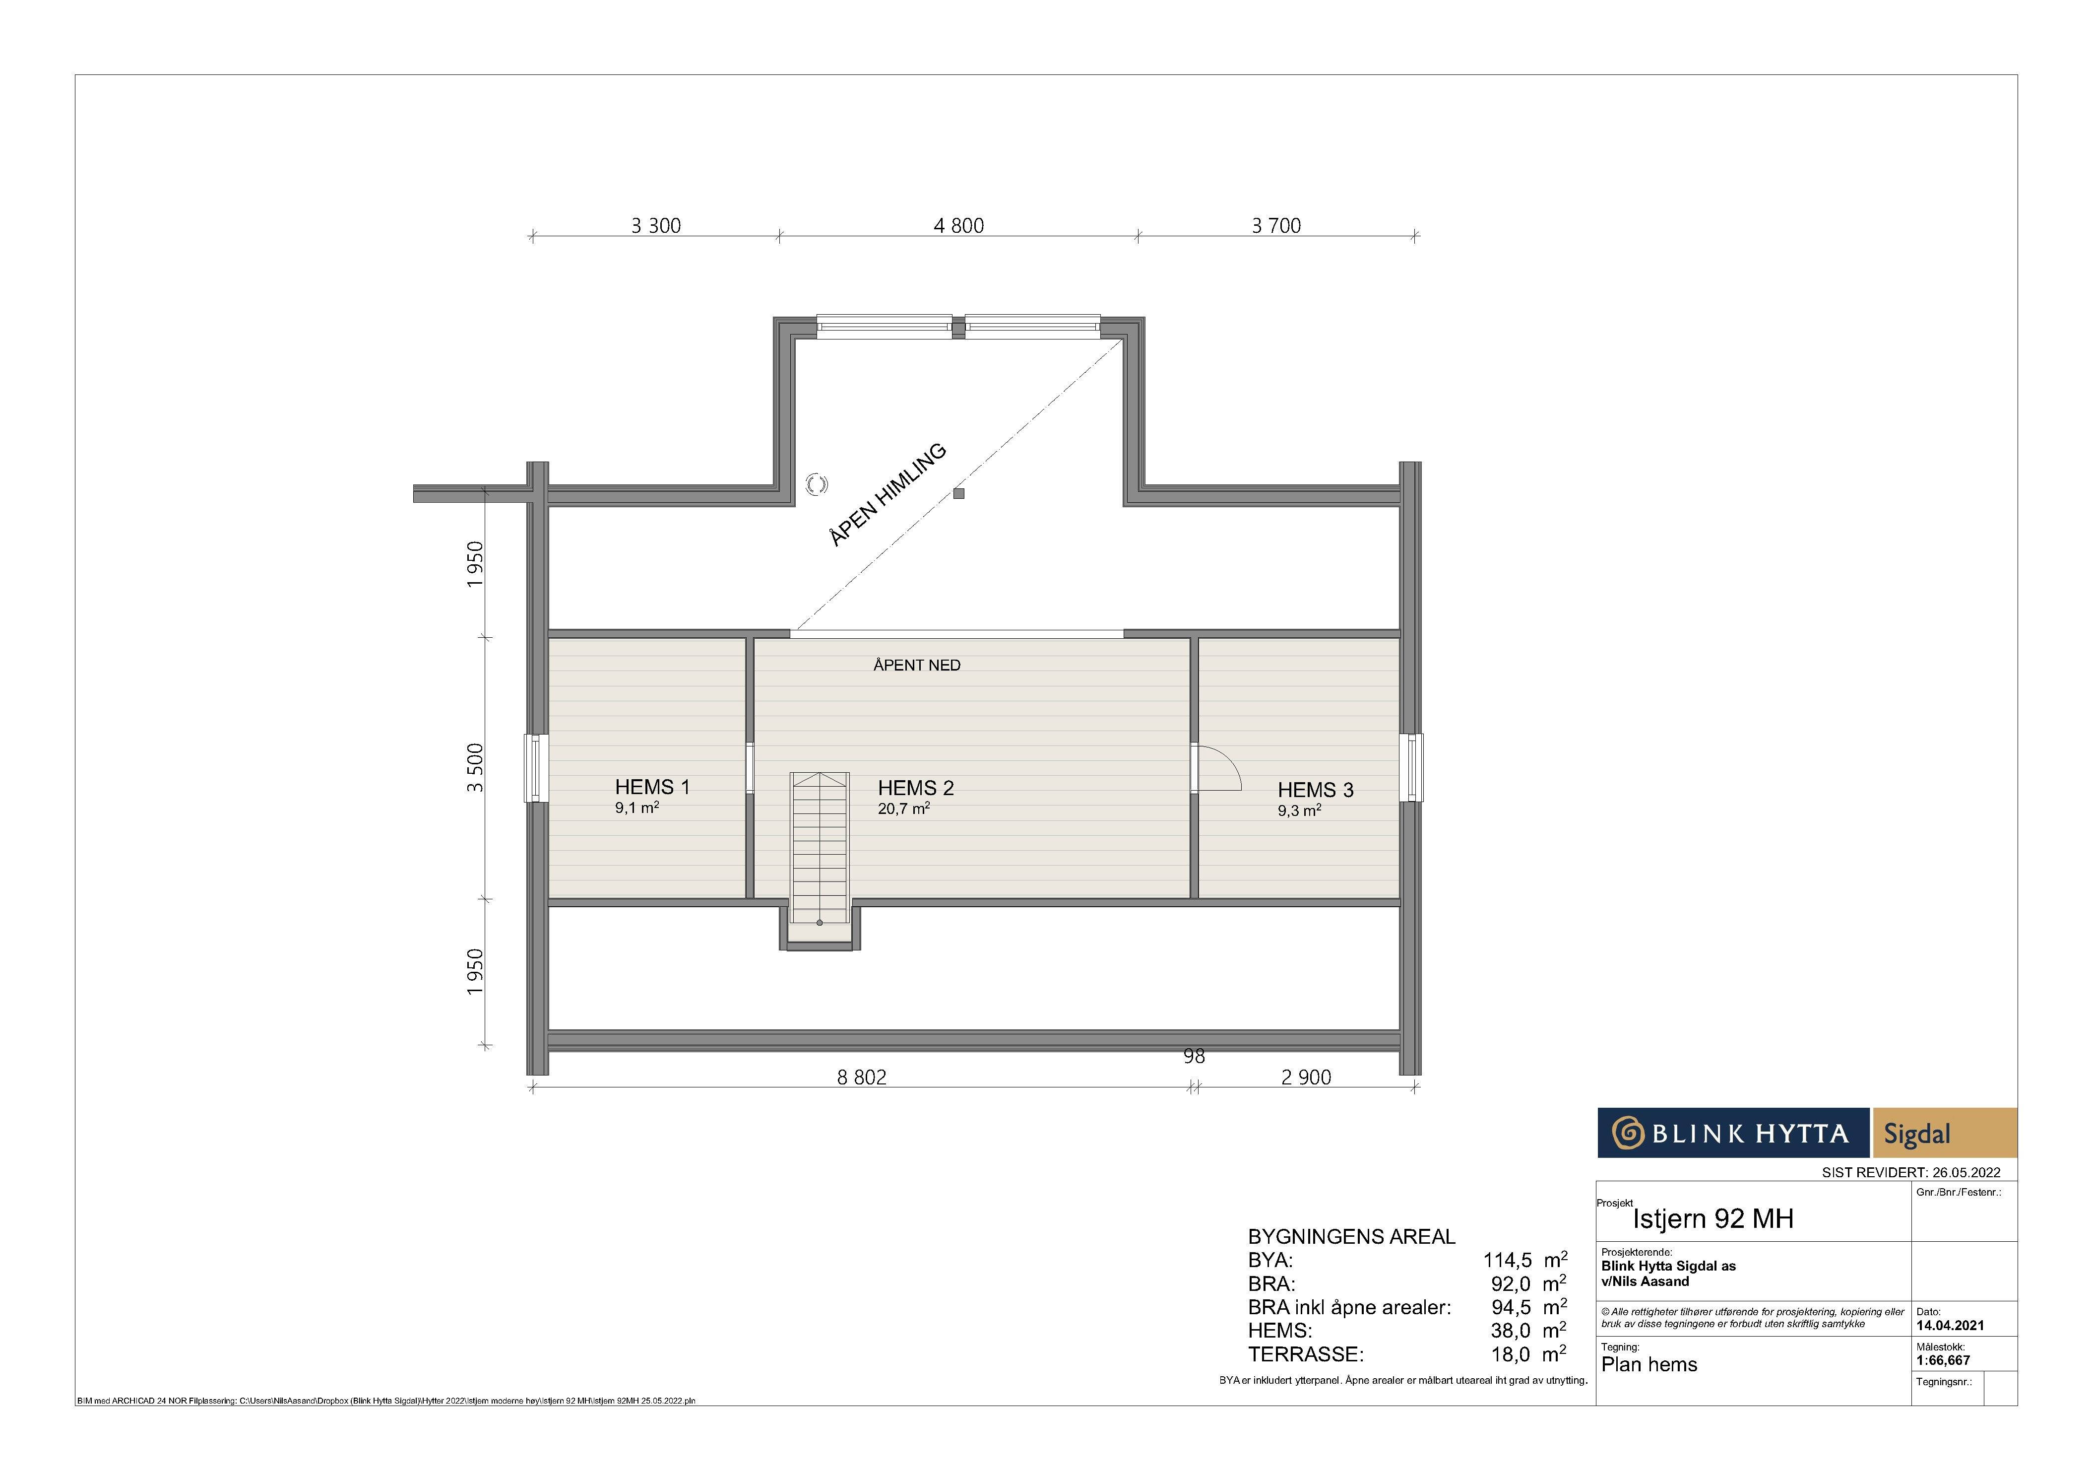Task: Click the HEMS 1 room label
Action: tap(652, 787)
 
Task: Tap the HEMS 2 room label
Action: tap(916, 787)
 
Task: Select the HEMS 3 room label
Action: tap(1316, 790)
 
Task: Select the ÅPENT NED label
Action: tap(917, 665)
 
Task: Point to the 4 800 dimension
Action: tap(958, 225)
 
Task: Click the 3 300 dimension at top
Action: tap(656, 225)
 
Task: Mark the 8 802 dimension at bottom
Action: tap(862, 1077)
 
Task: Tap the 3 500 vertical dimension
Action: tap(475, 768)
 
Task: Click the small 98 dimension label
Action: tap(1194, 1056)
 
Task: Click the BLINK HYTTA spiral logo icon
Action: tap(1627, 1133)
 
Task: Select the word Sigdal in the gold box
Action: tap(1917, 1134)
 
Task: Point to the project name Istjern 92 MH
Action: tap(1713, 1218)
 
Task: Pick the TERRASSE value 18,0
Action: tap(1511, 1354)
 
